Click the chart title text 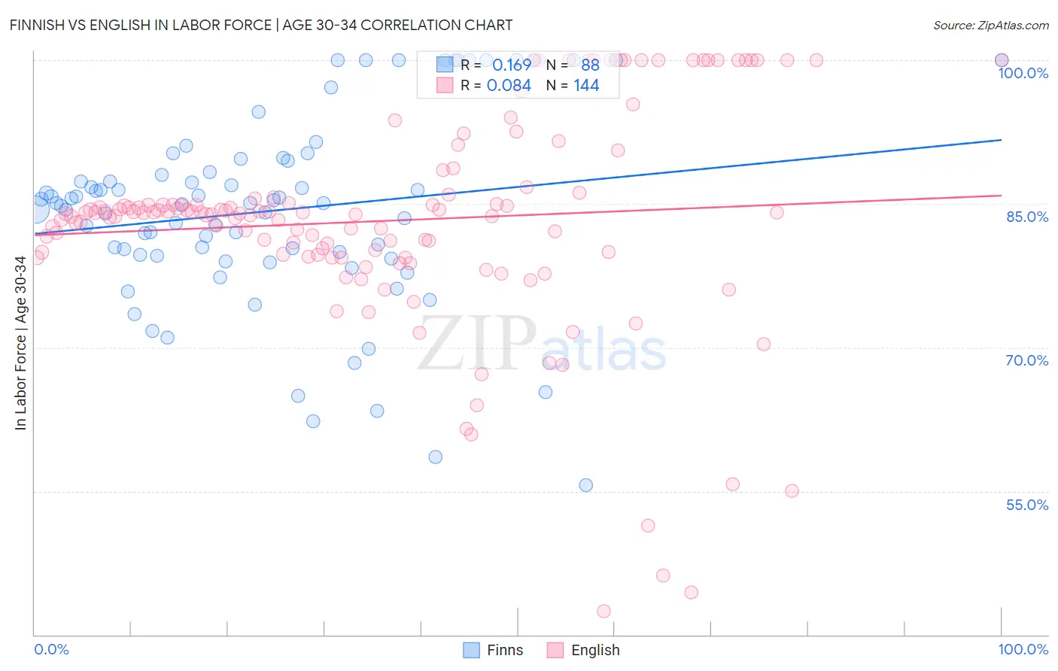tap(261, 25)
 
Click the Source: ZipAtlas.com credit tap(990, 26)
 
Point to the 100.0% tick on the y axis tap(1023, 73)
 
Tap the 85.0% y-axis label tap(1026, 217)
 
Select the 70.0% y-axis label tap(1026, 360)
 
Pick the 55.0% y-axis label tap(1026, 505)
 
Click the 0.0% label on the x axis tap(51, 649)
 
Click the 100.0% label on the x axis tap(1023, 649)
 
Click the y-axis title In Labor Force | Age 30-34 tap(20, 343)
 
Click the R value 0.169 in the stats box tap(512, 65)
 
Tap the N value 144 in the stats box tap(586, 86)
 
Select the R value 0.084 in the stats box tap(509, 86)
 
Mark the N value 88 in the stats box tap(590, 65)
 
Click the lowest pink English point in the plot tap(603, 612)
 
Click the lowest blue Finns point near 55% tap(585, 485)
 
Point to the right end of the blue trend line tap(1001, 140)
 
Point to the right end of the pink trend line tap(1001, 196)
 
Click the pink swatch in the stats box tap(445, 85)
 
